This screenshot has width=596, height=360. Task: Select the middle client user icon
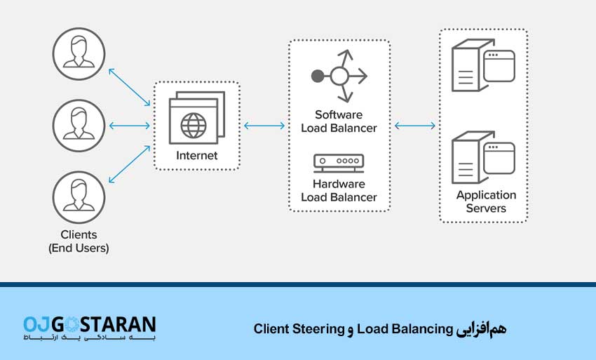[79, 126]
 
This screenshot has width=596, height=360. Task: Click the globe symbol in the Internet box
[194, 126]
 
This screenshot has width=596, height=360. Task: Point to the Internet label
[197, 156]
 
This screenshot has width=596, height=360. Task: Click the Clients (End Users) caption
[79, 241]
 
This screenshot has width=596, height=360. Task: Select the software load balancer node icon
[339, 74]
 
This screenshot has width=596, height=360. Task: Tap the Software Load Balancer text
[339, 121]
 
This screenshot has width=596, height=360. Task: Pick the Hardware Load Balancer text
[339, 190]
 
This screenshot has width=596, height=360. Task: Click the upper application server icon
[483, 65]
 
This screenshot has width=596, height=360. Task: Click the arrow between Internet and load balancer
[264, 126]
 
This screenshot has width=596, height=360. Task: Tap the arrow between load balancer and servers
[415, 126]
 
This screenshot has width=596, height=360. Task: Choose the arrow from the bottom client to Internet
[129, 167]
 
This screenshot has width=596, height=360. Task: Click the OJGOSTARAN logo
[89, 328]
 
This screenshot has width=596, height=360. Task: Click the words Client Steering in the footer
[299, 328]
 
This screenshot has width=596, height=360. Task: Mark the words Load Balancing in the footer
[405, 328]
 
